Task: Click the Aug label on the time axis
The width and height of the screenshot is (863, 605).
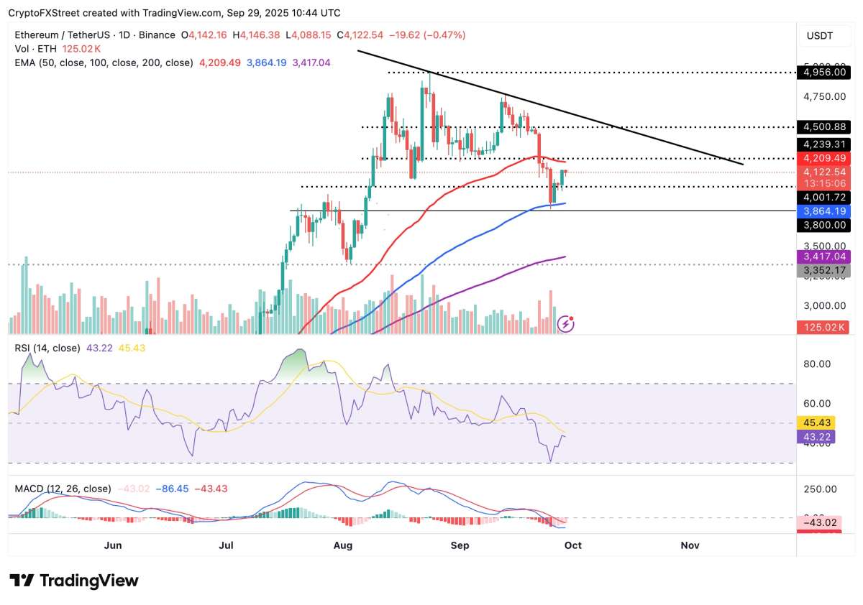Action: tap(343, 545)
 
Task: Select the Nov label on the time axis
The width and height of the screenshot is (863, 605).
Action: tap(690, 545)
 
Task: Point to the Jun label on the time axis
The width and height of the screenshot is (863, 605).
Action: tap(113, 545)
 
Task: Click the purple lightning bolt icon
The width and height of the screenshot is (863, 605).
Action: tap(566, 324)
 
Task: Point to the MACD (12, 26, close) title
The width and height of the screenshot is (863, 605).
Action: tap(63, 489)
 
